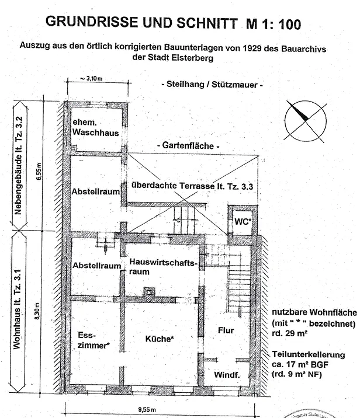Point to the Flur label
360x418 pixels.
(226, 330)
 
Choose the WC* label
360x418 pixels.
(243, 221)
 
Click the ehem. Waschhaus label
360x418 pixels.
(96, 128)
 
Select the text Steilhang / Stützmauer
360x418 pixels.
(212, 85)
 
